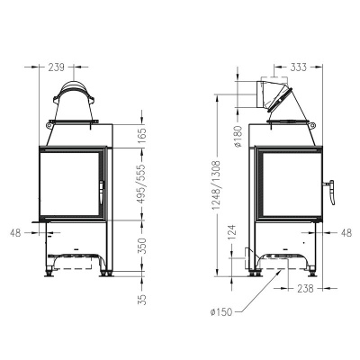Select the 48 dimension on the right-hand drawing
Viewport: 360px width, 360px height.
pyautogui.click(x=346, y=231)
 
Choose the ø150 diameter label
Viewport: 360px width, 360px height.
pyautogui.click(x=220, y=312)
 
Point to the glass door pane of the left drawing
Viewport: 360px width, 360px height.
pyautogui.click(x=67, y=184)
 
